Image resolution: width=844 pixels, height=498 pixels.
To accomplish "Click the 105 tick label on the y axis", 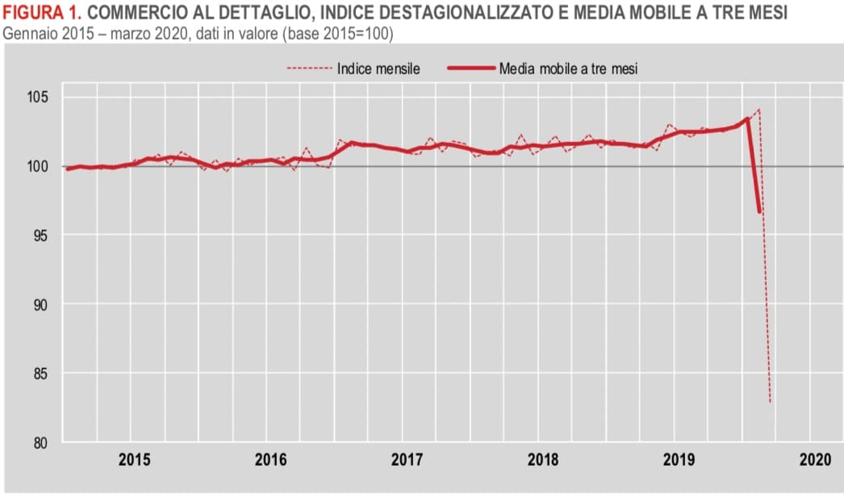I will [38, 98].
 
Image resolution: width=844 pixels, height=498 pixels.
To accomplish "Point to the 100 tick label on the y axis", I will [38, 167].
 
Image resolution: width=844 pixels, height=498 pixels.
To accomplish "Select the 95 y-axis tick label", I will [40, 236].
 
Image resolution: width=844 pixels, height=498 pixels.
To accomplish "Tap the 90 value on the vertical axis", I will [40, 305].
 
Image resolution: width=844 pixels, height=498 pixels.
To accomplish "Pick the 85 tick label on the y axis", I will [40, 374].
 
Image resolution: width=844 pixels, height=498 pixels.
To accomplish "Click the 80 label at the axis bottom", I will [40, 443].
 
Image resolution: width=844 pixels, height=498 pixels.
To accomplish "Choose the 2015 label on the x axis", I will [134, 461].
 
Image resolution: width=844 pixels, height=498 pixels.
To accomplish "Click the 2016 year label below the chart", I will [270, 461].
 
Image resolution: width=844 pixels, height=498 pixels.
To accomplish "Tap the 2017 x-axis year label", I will [407, 461].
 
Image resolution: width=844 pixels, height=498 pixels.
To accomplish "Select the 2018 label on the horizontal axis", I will [543, 461].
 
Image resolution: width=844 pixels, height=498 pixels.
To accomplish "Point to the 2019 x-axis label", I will [679, 461].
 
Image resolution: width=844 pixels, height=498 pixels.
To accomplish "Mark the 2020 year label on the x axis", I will [814, 461].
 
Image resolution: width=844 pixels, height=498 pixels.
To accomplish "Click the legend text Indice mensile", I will [378, 69].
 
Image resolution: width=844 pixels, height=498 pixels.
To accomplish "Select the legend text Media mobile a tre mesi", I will [567, 69].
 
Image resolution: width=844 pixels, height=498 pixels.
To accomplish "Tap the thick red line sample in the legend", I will [470, 69].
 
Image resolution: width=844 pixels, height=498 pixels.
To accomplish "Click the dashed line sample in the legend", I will [309, 69].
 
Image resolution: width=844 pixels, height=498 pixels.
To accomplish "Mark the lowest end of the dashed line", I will [770, 402].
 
